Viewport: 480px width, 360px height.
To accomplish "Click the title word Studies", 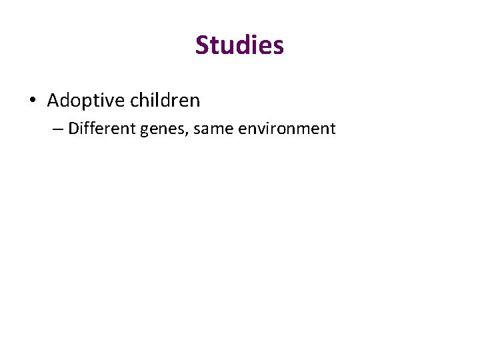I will tap(239, 45).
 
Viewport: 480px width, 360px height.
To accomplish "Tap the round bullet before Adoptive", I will tap(32, 101).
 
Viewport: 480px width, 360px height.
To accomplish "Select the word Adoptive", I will tap(86, 101).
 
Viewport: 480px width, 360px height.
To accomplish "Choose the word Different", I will tap(102, 128).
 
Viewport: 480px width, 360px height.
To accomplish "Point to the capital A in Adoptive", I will tap(53, 101).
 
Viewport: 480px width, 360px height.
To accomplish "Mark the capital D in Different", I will tap(73, 128).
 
